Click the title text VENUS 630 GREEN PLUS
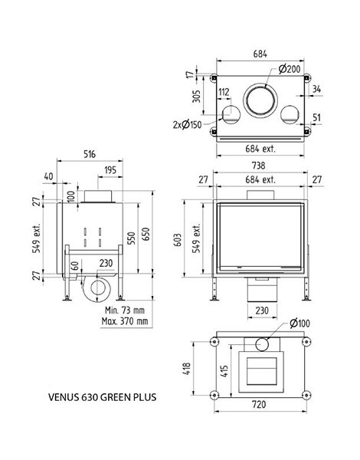102,397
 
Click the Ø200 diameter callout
290,69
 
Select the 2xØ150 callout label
188,125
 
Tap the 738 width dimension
258,166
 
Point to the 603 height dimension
178,240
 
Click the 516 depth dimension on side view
90,154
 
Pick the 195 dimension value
110,170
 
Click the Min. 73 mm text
125,310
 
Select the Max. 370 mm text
125,321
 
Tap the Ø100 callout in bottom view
299,324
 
